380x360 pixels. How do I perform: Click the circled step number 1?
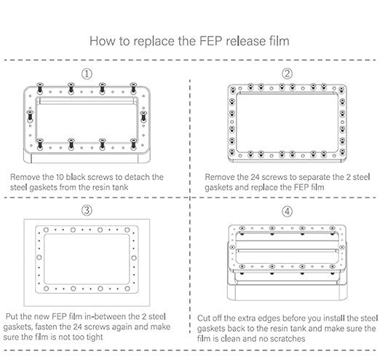pyautogui.click(x=88, y=74)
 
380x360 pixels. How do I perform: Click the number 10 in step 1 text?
pyautogui.click(x=73, y=177)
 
